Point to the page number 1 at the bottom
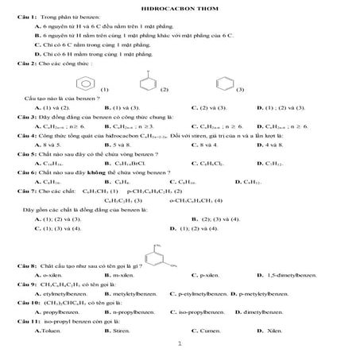click(x=180, y=344)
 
